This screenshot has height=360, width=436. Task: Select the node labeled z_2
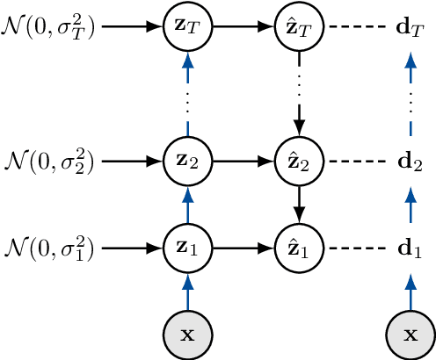click(x=185, y=162)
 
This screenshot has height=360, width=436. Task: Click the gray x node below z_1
click(x=185, y=335)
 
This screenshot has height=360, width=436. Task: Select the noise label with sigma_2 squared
click(x=51, y=162)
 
